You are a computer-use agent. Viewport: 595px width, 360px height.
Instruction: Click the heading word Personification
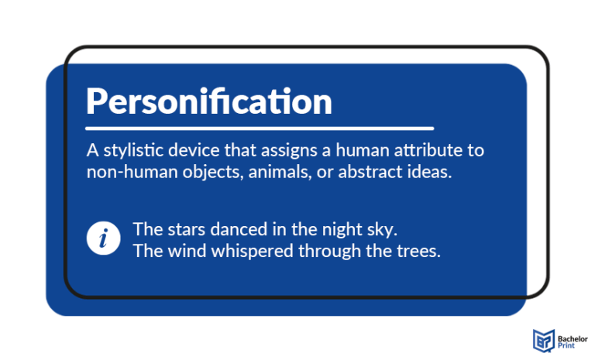coord(208,101)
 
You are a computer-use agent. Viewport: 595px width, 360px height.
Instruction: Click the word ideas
coord(428,172)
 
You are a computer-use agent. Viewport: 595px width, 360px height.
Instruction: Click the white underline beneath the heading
coord(259,128)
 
